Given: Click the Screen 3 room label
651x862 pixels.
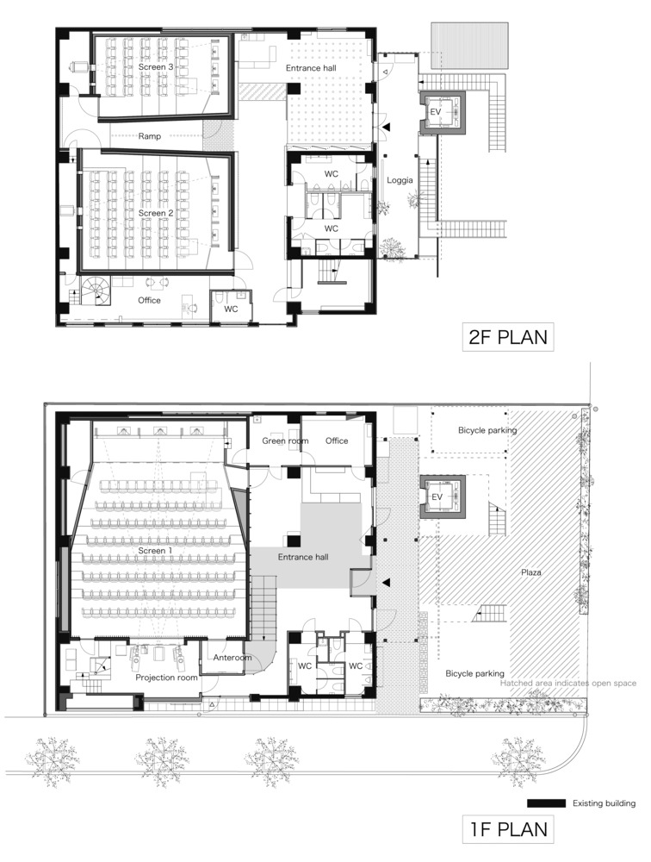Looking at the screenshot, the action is [156, 67].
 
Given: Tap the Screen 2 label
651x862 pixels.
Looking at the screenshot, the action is [156, 213].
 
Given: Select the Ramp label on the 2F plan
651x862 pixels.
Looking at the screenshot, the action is [150, 136].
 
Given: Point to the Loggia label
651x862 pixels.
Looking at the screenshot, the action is [400, 180].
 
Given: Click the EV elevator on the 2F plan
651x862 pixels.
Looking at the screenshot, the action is [443, 112].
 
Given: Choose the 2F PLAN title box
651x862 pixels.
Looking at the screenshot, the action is [508, 337].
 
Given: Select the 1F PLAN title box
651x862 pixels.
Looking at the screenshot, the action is [508, 829].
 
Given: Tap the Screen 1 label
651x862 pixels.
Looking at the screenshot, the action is [156, 550].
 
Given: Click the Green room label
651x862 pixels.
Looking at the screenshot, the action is [285, 440].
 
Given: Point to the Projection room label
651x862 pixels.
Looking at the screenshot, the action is [166, 678].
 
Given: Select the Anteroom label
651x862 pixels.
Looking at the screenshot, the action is [232, 658].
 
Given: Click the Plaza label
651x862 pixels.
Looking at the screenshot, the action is [531, 572].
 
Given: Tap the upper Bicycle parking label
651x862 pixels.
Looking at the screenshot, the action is [488, 430].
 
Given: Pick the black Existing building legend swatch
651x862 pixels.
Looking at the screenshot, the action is [546, 803].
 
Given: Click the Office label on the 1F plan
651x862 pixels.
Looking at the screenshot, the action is [337, 440].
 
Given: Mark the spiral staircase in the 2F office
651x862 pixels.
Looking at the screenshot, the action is [96, 290].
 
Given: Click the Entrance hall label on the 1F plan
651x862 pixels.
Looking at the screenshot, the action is [303, 557].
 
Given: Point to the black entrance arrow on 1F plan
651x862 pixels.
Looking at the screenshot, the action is [386, 582].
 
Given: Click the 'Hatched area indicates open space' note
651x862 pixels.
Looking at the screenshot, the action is [568, 684].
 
